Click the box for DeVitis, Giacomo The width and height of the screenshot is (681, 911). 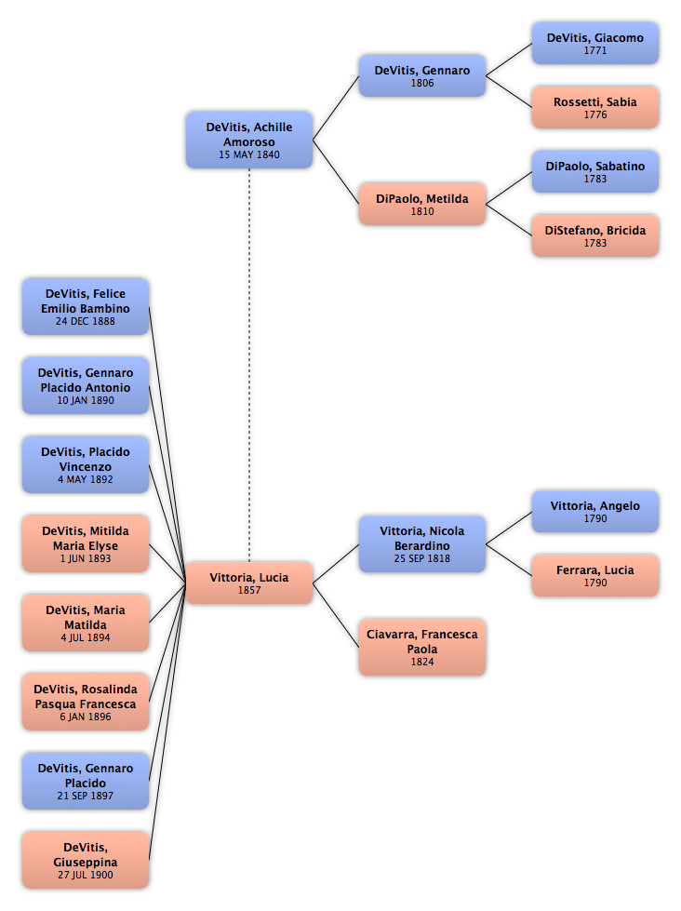pyautogui.click(x=595, y=43)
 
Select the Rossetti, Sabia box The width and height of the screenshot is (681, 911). pyautogui.click(x=595, y=108)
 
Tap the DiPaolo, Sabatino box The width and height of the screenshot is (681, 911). pyautogui.click(x=595, y=171)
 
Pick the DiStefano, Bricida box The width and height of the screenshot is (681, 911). pyautogui.click(x=595, y=235)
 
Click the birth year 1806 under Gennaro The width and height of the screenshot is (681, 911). pyautogui.click(x=422, y=83)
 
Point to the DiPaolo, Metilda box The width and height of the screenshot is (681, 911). pyautogui.click(x=422, y=204)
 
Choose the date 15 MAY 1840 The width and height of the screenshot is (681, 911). pyautogui.click(x=249, y=154)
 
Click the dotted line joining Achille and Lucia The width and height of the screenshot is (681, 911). pyautogui.click(x=250, y=366)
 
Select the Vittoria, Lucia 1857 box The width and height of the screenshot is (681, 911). pyautogui.click(x=249, y=583)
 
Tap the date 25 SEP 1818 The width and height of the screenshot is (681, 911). pyautogui.click(x=422, y=558)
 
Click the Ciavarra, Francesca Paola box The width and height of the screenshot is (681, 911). pyautogui.click(x=422, y=648)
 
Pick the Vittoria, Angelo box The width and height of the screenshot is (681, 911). pyautogui.click(x=595, y=511)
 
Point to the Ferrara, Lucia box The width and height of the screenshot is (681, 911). pyautogui.click(x=595, y=576)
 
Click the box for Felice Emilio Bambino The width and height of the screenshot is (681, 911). pyautogui.click(x=86, y=307)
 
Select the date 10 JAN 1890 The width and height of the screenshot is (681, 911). pyautogui.click(x=86, y=400)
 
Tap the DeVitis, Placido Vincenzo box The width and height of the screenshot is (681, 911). pyautogui.click(x=86, y=464)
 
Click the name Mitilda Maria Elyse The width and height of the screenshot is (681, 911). pyautogui.click(x=86, y=539)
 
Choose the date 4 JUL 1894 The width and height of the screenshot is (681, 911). pyautogui.click(x=86, y=637)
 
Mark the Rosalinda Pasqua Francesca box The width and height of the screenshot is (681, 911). pyautogui.click(x=86, y=702)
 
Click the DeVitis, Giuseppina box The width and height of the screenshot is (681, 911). pyautogui.click(x=86, y=860)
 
